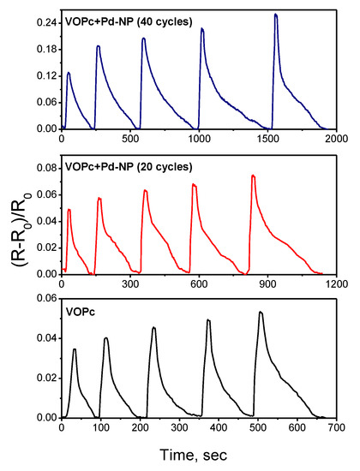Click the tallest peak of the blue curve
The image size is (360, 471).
[275, 15]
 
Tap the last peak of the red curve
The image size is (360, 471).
[253, 176]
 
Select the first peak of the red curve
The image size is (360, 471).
[69, 210]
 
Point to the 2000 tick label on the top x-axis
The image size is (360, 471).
[337, 137]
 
